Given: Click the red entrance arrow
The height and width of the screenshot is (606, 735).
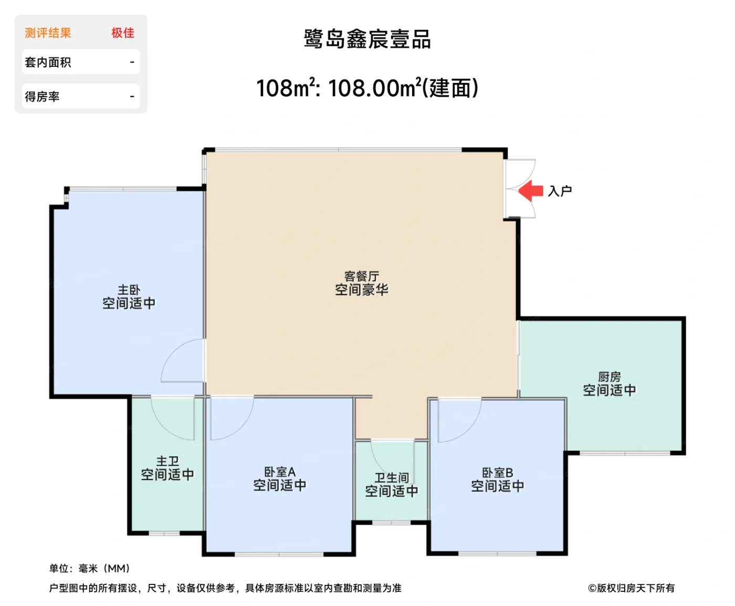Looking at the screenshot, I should click(531, 191).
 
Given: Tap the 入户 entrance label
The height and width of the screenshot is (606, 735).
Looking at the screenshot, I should click(560, 191).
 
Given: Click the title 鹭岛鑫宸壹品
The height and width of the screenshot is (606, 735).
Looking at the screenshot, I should click(367, 39).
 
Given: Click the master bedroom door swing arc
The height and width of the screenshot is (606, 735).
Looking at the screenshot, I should click(181, 363).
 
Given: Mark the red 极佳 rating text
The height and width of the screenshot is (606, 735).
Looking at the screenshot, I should click(123, 33).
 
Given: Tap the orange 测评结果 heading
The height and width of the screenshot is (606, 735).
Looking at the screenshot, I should click(48, 33).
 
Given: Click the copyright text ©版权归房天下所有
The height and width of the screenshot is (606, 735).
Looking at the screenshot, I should click(631, 588).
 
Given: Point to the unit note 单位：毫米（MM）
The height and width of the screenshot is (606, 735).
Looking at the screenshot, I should click(90, 568).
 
